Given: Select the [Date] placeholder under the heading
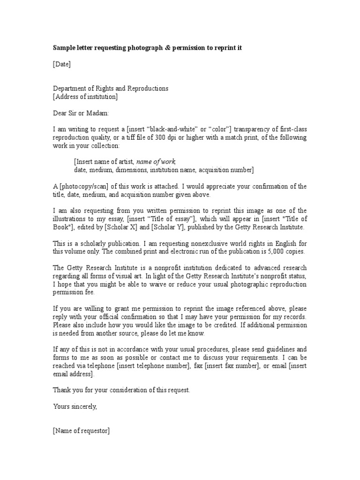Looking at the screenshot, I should pyautogui.click(x=61, y=64).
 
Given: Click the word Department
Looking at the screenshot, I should pyautogui.click(x=71, y=89).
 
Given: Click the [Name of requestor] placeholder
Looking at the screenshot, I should pyautogui.click(x=81, y=431).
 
